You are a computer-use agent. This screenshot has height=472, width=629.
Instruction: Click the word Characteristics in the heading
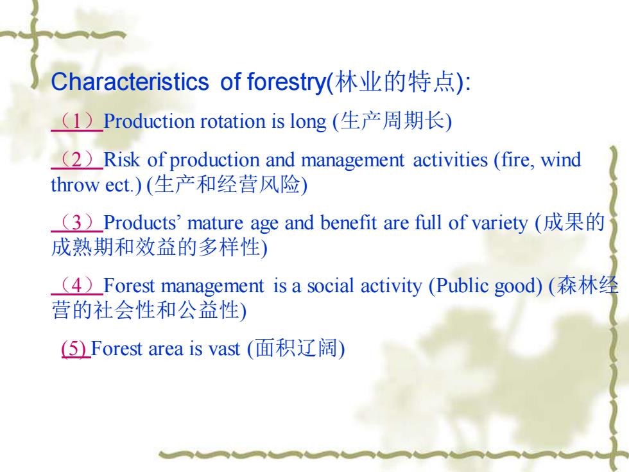(130, 82)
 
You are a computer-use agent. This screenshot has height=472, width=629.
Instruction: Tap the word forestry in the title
(287, 83)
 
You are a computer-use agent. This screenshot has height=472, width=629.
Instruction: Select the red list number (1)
(77, 121)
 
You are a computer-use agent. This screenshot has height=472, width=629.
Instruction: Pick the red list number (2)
(77, 159)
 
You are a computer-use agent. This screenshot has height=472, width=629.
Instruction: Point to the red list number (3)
(77, 222)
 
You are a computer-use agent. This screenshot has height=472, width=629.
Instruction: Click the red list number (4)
(77, 285)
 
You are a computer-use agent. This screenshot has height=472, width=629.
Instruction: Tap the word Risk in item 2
(122, 159)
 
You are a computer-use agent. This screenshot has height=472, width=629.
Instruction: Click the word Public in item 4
(461, 286)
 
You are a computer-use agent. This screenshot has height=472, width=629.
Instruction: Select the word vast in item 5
(224, 349)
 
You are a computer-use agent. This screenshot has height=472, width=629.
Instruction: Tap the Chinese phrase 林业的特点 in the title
(395, 82)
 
